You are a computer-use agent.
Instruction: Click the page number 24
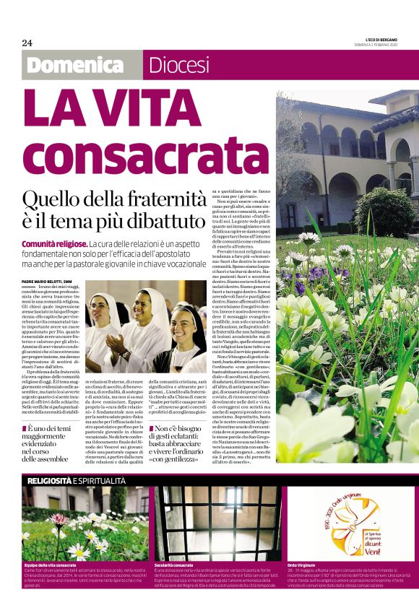27,43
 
